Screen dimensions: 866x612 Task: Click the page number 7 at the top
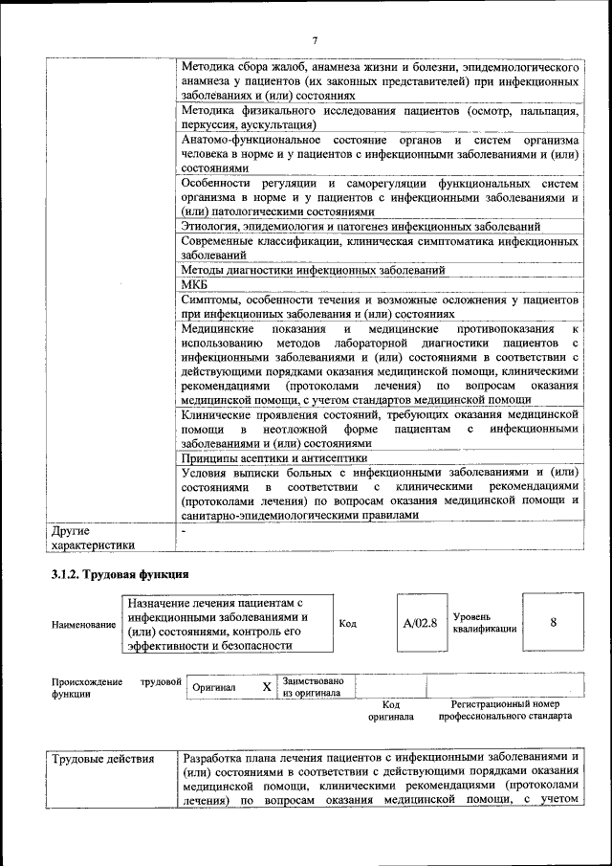(313, 39)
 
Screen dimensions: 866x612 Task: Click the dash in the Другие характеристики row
(184, 528)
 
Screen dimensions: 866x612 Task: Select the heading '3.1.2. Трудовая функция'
(120, 574)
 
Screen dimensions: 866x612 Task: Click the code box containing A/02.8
(420, 623)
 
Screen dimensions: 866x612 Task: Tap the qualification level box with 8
(554, 623)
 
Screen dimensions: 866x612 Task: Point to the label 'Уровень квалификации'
(485, 623)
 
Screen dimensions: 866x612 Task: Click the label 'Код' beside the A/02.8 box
(348, 623)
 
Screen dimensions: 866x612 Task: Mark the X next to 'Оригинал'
(267, 687)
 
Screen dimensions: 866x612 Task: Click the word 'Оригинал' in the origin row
(214, 687)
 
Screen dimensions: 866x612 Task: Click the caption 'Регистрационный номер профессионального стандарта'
(512, 709)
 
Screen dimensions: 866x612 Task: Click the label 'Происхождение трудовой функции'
(115, 687)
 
